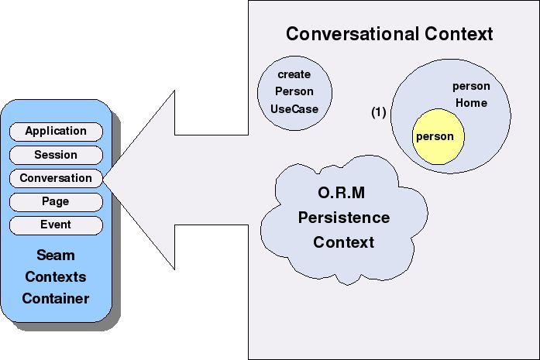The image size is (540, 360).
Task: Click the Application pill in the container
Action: pos(56,132)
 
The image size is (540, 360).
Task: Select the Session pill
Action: pos(56,155)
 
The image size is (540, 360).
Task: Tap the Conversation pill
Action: pos(56,178)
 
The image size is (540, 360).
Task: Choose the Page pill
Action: pos(56,202)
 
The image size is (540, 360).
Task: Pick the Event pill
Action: pos(56,225)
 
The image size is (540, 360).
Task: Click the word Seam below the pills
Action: pos(56,255)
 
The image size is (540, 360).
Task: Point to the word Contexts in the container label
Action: pos(56,277)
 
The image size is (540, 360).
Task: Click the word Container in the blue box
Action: pos(56,299)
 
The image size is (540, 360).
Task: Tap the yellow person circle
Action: pos(438,136)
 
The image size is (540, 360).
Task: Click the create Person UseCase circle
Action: pos(295,93)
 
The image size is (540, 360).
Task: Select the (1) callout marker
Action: pos(379,112)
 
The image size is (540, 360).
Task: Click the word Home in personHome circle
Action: pos(472,103)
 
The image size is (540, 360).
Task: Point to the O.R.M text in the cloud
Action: pos(342,193)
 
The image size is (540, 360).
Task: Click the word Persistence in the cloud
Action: pos(344,218)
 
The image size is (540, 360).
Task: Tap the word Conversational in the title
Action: pos(353,34)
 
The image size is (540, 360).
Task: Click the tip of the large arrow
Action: pos(103,178)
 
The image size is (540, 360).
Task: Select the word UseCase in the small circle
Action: pos(294,109)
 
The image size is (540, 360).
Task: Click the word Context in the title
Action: pos(459,34)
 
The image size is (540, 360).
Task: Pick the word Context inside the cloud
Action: pos(344,242)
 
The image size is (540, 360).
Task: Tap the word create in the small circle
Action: pos(294,74)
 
